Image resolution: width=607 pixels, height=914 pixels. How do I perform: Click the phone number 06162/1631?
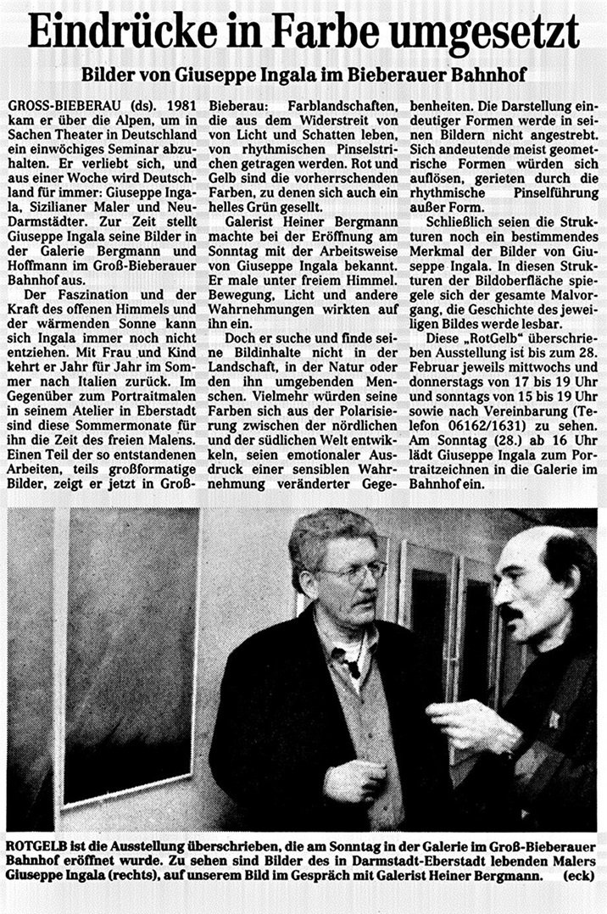pyautogui.click(x=486, y=447)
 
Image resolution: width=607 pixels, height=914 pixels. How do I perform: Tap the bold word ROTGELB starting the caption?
pyautogui.click(x=36, y=845)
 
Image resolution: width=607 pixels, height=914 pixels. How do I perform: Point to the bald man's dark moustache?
pyautogui.click(x=510, y=610)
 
